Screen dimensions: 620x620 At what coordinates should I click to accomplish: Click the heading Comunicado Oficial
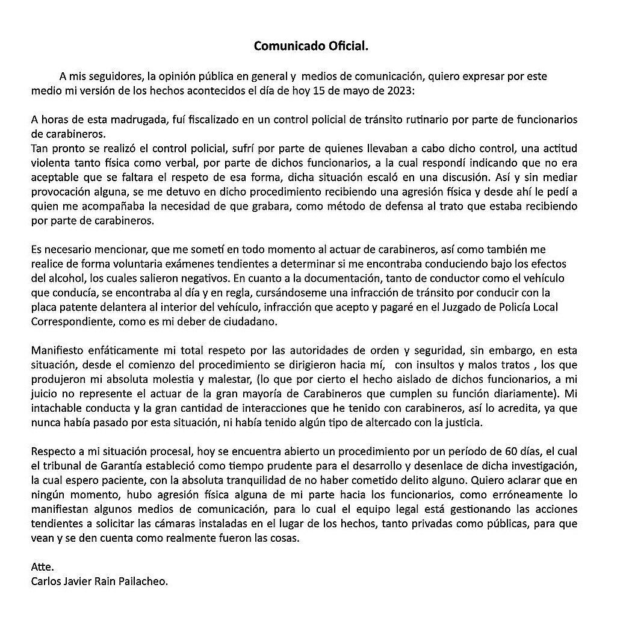pyautogui.click(x=310, y=46)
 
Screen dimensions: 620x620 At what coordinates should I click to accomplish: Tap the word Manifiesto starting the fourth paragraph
pyautogui.click(x=57, y=350)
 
